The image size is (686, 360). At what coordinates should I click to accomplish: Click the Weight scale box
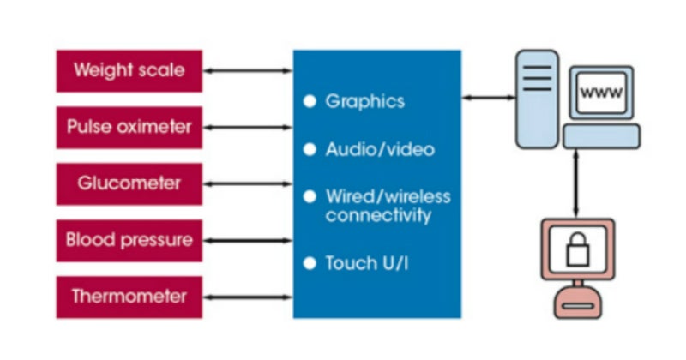129,71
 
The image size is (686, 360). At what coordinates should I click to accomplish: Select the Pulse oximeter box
129,128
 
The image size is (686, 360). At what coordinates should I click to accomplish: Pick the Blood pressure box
129,240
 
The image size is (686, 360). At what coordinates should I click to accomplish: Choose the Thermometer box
129,297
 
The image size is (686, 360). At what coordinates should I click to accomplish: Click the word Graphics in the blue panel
364,101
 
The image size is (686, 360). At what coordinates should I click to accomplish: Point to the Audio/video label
380,149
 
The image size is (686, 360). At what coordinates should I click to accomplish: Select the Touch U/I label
367,262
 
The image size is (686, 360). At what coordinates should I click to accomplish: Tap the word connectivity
378,215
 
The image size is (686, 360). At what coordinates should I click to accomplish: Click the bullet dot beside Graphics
310,101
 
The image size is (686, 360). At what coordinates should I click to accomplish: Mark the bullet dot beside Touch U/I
310,262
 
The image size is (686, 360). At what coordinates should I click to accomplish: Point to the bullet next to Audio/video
310,149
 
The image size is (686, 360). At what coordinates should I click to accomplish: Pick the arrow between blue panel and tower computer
488,98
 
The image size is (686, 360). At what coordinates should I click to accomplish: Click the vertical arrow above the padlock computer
576,183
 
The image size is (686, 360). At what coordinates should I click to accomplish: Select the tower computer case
536,99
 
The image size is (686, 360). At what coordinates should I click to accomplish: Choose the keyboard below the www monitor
601,135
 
